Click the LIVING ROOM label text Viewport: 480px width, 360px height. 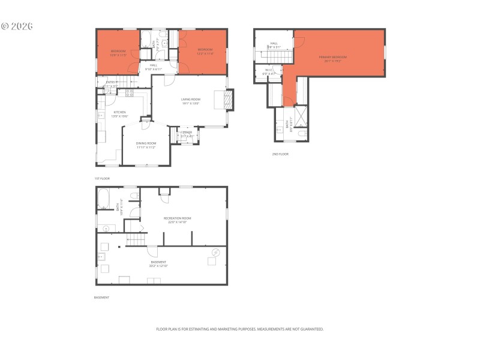click(x=190, y=99)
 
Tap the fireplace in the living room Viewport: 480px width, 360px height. click(x=228, y=100)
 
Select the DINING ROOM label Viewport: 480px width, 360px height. click(x=146, y=143)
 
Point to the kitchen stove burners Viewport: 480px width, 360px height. click(x=129, y=92)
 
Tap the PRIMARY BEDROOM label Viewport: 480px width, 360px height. click(x=332, y=57)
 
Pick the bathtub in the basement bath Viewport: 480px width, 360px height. click(x=103, y=198)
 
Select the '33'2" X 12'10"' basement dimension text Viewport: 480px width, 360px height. click(x=159, y=266)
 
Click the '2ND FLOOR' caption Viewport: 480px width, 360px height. click(x=280, y=154)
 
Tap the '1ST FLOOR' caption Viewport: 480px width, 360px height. click(x=102, y=179)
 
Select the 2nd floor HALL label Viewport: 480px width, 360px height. click(x=274, y=43)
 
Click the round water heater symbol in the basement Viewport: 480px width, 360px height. click(x=217, y=251)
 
